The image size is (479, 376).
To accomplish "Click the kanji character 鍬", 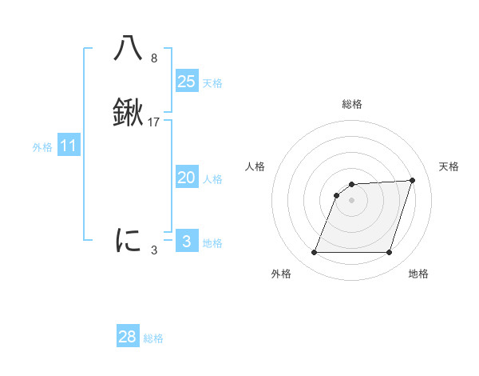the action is click(x=129, y=114).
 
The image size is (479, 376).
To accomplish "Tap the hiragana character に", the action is click(x=129, y=239).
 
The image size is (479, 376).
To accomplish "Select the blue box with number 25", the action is click(x=187, y=81).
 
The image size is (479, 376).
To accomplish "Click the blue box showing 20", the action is click(x=187, y=178).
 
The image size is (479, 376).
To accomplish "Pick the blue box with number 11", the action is click(x=69, y=146).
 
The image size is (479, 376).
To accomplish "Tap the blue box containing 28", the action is click(x=128, y=337).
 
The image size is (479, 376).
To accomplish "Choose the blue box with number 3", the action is click(x=187, y=242).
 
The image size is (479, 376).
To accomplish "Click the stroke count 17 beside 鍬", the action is click(x=154, y=122).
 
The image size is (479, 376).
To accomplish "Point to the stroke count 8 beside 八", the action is click(x=154, y=58).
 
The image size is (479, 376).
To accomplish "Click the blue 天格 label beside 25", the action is click(x=212, y=83).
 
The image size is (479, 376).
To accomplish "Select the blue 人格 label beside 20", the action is click(x=212, y=180).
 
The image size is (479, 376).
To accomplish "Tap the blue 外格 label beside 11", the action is click(x=42, y=148).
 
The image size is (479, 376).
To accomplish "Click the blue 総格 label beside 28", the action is click(x=153, y=339).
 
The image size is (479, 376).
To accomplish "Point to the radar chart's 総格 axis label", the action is click(x=352, y=104).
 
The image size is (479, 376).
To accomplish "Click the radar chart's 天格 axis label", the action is click(x=449, y=166).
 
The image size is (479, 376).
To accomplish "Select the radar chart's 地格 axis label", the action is click(x=418, y=274).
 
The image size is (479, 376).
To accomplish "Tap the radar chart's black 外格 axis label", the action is click(x=281, y=274).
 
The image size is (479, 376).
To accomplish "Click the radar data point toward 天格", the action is click(x=413, y=180).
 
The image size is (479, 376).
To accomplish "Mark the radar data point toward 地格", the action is click(x=390, y=253).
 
